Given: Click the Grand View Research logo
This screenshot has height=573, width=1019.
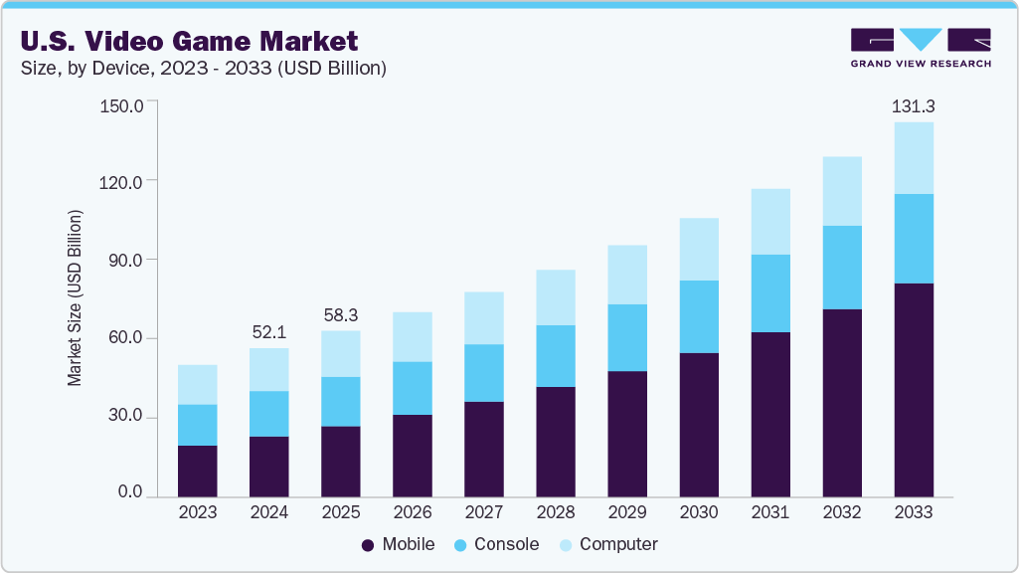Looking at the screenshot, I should (x=920, y=48).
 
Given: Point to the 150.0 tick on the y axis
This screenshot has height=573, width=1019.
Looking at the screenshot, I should (x=123, y=104).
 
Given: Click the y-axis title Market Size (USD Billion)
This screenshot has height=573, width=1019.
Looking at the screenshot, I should (x=75, y=298).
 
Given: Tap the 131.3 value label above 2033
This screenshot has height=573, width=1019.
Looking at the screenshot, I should (x=914, y=105).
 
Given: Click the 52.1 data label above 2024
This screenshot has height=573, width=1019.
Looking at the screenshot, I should (x=269, y=331).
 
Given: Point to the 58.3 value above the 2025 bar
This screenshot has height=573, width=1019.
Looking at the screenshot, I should (x=341, y=314).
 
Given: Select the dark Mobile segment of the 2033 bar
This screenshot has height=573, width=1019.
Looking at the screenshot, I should (x=914, y=389).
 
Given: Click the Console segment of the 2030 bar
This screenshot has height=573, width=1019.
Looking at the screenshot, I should (x=699, y=316).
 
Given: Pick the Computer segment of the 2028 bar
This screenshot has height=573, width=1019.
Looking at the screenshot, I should (x=556, y=297).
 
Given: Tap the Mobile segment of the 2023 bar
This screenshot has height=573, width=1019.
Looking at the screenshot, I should (x=198, y=471).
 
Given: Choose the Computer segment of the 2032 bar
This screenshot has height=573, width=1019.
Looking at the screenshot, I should (x=842, y=191).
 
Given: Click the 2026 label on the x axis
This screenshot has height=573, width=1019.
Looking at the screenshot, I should (x=413, y=513).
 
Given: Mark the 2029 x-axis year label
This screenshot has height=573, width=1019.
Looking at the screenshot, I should (x=627, y=513).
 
